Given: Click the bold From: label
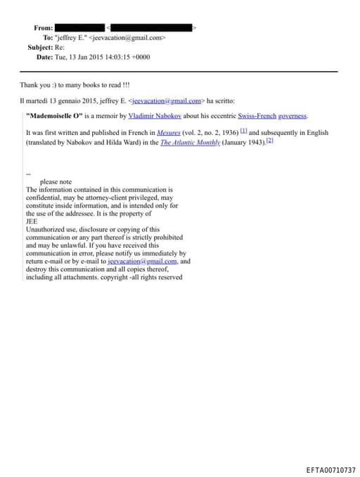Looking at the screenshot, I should coord(43,27).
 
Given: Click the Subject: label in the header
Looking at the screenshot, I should coord(40,47).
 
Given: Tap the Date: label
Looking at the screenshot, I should coord(44,57).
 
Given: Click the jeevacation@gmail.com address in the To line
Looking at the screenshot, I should coord(127,37).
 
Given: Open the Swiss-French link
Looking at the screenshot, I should coord(257,115).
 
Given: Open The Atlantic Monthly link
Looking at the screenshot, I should coord(190,142).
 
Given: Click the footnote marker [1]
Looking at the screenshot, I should coord(243,132).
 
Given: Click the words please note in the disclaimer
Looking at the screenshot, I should coord(56,182).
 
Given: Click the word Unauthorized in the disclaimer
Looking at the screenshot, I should coord(46,229).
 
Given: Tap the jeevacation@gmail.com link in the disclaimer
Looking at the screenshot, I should coord(138,261).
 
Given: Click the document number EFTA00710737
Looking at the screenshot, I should coord(330,470).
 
